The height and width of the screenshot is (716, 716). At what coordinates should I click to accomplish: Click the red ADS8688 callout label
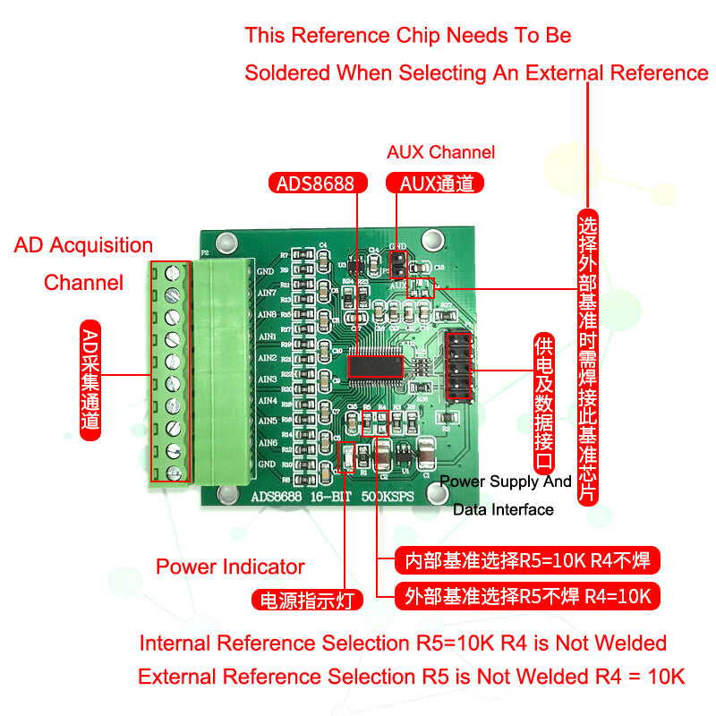[315, 183]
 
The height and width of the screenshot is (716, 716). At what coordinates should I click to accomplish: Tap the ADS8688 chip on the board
[377, 366]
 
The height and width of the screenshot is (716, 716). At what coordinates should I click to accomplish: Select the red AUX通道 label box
[434, 183]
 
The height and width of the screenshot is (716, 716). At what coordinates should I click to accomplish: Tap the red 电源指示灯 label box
[308, 600]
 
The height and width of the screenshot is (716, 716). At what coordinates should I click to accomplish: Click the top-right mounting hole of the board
[433, 240]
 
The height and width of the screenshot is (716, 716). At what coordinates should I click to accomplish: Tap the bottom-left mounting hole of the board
[230, 493]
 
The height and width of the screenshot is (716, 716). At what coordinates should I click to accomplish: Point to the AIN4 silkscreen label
[267, 400]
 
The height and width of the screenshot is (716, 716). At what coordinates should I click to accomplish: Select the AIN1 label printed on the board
[267, 336]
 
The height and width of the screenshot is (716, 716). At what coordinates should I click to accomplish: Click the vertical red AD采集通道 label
[90, 379]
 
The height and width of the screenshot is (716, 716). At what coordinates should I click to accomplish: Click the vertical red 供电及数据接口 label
[543, 403]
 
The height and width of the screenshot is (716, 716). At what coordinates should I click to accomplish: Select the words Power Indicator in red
[230, 567]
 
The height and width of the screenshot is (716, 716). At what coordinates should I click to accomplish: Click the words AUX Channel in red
[440, 152]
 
